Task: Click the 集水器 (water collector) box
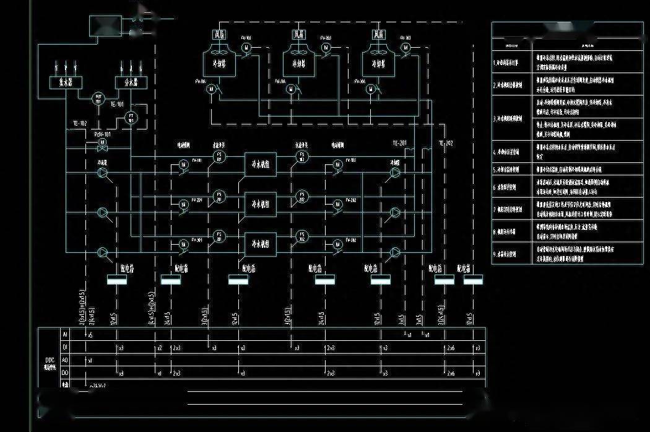pos(61,82)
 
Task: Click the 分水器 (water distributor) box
pos(127,82)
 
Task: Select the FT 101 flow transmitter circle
pos(131,117)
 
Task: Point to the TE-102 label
pos(80,123)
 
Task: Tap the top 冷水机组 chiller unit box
pos(261,164)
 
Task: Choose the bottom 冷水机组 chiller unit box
pos(261,242)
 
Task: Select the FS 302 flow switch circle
pos(301,236)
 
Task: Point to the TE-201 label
pos(399,143)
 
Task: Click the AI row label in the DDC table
pos(64,334)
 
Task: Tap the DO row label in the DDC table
pos(64,372)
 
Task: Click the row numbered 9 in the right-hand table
pos(512,253)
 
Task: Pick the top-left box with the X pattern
pos(105,27)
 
